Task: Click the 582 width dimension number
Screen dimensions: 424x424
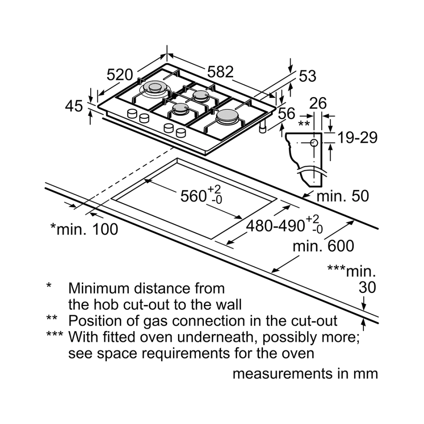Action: (220, 72)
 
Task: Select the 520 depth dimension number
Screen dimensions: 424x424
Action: (120, 75)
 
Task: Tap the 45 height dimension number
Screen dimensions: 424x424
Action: (74, 106)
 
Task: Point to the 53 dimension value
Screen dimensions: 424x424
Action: (307, 76)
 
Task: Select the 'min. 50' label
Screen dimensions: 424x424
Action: (343, 195)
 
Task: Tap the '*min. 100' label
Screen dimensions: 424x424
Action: (84, 229)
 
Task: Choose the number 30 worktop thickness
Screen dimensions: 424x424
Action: (367, 287)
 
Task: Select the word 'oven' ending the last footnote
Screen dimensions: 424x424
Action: (299, 353)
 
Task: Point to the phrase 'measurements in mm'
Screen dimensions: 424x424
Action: (305, 374)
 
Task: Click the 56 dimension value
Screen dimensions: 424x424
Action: (287, 113)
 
